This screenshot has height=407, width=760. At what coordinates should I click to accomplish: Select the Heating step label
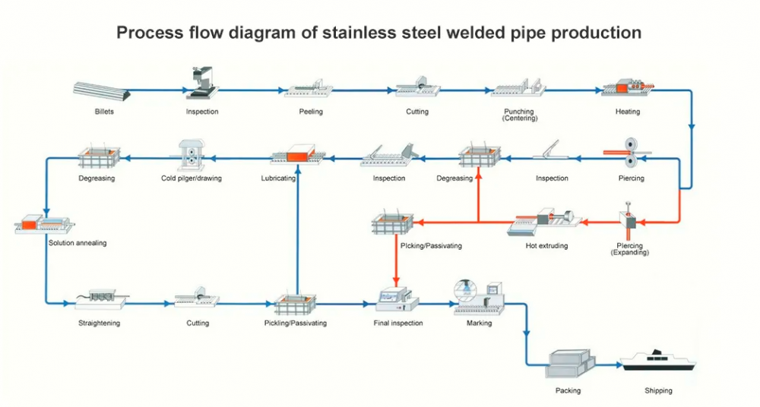(628, 112)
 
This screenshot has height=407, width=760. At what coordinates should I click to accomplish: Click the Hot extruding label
(546, 246)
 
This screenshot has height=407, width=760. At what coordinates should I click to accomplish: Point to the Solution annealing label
(78, 243)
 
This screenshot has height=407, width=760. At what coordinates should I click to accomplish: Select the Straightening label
(99, 323)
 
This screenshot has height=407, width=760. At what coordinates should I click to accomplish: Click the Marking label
(479, 323)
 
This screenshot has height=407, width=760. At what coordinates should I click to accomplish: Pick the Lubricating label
(291, 178)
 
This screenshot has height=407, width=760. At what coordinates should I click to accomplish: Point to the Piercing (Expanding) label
(630, 249)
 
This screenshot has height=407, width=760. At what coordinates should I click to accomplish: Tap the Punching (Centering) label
(518, 115)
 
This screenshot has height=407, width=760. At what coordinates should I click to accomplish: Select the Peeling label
(311, 112)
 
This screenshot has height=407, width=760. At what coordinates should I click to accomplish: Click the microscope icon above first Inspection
(202, 83)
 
